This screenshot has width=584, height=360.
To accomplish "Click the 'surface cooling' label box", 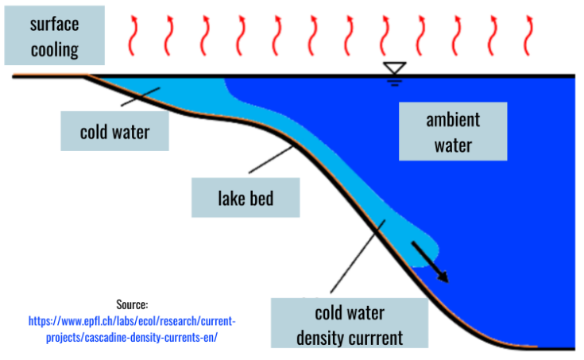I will click(54, 36).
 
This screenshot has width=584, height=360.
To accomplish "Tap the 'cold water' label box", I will click(114, 131).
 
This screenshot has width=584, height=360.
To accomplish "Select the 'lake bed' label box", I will click(246, 196).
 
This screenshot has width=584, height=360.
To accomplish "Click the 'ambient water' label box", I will click(453, 132).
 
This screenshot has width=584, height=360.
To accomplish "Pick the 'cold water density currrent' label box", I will click(349, 323).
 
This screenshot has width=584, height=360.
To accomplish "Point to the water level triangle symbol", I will click(394, 70).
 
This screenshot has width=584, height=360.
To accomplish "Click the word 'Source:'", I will click(133, 304).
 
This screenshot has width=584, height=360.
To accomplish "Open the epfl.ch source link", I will click(132, 329).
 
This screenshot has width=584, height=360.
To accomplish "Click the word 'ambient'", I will click(453, 120).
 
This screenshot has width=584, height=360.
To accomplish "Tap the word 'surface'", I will click(54, 24).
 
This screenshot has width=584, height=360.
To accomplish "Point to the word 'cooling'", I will click(54, 49).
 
